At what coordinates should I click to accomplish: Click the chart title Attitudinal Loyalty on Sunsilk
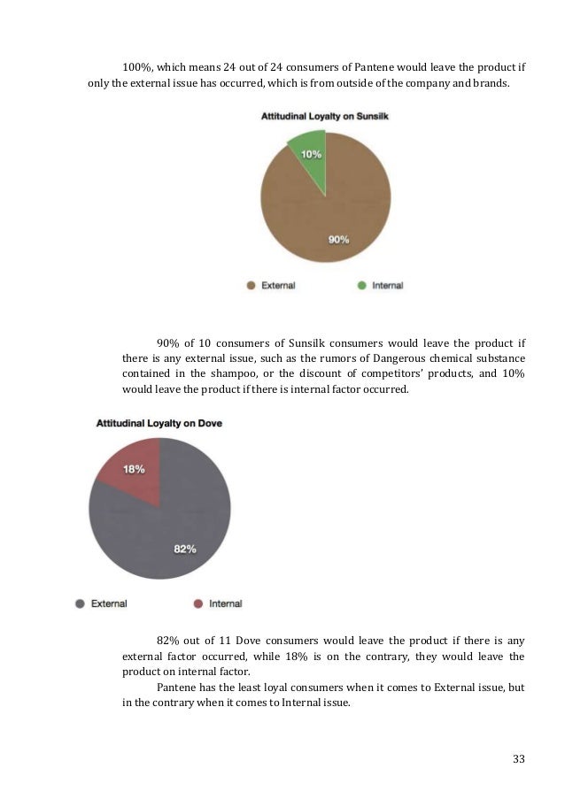pos(325,116)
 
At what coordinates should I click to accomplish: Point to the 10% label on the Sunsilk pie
pos(311,153)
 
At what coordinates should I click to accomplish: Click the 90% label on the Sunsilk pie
pos(339,239)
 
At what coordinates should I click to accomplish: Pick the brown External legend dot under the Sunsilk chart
pos(252,286)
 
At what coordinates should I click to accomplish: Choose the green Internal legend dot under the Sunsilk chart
pos(361,286)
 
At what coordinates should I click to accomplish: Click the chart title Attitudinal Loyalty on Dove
pos(159,423)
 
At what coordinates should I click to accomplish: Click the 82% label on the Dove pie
pos(185,549)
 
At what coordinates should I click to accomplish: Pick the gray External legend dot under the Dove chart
pos(81,603)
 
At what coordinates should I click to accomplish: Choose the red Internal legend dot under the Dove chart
pos(198,603)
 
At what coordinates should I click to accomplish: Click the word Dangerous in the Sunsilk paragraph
pos(396,357)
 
